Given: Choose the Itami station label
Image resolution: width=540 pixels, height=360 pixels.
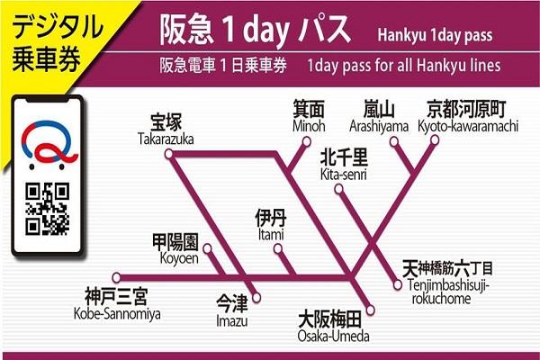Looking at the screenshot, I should [x=270, y=225].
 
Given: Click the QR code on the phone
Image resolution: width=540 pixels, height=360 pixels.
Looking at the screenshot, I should [x=47, y=206].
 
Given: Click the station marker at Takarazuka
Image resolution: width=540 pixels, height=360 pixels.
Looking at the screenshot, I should [x=173, y=149].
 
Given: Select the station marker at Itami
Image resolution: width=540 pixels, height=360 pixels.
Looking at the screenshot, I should [x=279, y=247].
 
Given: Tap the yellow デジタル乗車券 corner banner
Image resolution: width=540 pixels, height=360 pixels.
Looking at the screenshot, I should [x=40, y=40].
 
